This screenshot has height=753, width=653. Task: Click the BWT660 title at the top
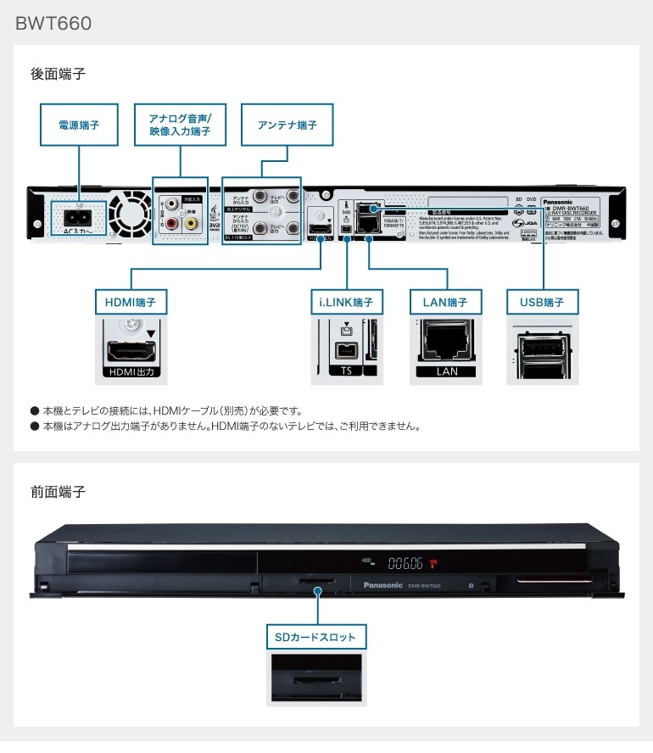pos(53,23)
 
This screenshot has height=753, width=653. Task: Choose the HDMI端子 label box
pos(131,301)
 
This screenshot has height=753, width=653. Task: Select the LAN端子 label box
pos(445,301)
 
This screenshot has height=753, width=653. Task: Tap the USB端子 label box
pos(542,301)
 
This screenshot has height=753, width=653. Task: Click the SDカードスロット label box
pos(315,636)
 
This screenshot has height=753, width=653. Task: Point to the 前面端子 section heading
pos(58,492)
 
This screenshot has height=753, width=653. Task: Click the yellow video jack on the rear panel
pos(191,223)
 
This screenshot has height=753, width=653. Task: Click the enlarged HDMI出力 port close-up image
pos(131,348)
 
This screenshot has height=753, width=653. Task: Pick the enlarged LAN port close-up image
pos(445,348)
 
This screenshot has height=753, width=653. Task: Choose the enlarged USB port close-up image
pos(542,348)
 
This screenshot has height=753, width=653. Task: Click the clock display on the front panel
pos(406,561)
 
